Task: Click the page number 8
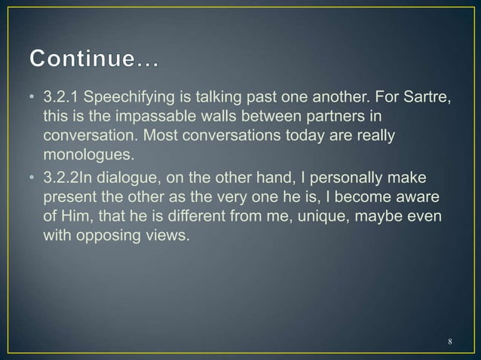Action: (x=449, y=342)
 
